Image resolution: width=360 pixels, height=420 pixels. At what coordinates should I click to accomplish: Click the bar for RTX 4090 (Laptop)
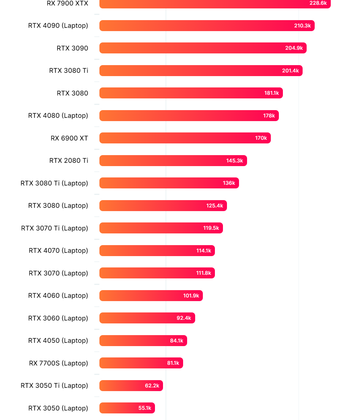[207, 26]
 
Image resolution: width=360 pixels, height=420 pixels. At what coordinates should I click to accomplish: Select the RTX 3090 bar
[203, 48]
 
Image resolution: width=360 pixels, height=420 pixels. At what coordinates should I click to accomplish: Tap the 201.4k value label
[291, 71]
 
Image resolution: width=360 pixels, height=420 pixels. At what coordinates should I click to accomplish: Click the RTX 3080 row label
[72, 93]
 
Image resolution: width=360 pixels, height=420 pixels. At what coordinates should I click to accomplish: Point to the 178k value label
[269, 116]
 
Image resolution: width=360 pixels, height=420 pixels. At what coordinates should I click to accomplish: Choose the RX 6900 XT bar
[185, 138]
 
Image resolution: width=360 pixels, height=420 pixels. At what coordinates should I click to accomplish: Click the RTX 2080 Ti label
[69, 161]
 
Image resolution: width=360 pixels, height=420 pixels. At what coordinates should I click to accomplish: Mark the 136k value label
[229, 183]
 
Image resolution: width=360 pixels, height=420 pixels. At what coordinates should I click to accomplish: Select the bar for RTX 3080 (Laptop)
[163, 206]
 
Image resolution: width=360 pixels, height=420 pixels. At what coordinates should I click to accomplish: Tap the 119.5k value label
[211, 228]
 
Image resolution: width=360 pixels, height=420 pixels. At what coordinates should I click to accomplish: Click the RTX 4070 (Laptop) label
[58, 251]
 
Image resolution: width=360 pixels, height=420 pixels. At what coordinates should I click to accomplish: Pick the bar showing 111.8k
[157, 273]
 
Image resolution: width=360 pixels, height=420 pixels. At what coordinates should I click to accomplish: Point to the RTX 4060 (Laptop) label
[58, 296]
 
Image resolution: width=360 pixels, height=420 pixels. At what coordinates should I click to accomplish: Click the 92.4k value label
[184, 318]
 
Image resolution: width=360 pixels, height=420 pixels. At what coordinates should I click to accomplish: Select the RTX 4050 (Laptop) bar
[143, 341]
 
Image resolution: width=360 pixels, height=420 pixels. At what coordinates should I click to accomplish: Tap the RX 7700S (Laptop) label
[58, 363]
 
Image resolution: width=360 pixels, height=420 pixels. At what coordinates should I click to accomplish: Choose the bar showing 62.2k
[131, 386]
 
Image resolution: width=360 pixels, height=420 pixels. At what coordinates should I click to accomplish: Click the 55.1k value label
[145, 408]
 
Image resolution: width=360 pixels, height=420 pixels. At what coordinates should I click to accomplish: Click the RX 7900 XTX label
[68, 3]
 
